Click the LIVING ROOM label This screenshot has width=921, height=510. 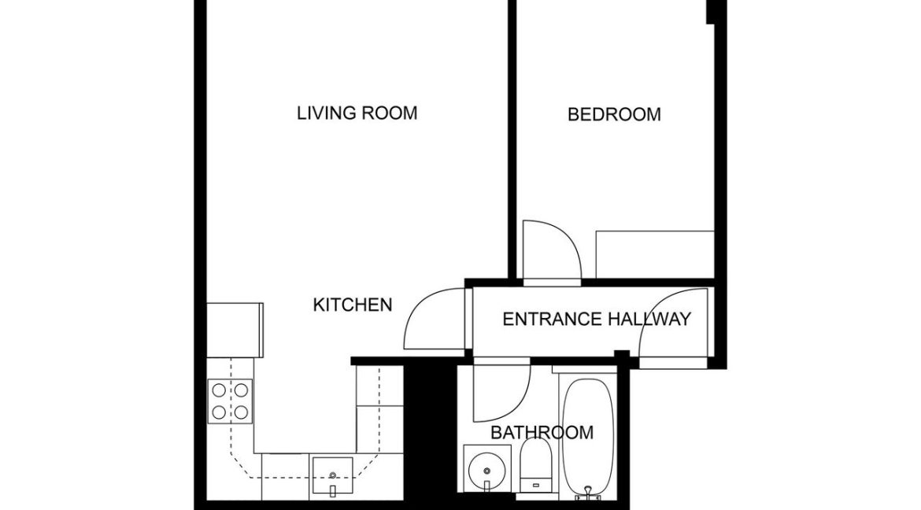point(357,113)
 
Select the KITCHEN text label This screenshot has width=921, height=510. point(353,305)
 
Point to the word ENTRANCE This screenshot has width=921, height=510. point(553,320)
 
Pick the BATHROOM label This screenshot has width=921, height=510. point(542,433)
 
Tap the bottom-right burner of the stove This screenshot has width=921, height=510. point(241,411)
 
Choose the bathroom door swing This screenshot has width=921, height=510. point(501,394)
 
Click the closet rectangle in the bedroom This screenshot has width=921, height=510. point(654,254)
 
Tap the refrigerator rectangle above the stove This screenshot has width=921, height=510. point(235,328)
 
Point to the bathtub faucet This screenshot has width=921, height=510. point(586,494)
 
